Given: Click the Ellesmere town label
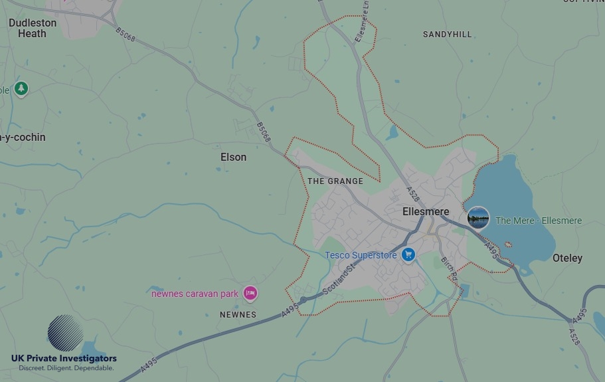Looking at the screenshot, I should click(426, 212).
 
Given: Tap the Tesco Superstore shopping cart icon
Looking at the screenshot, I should click(408, 254).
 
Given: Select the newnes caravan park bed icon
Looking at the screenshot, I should click(250, 292).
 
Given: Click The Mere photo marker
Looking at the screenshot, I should click(478, 217).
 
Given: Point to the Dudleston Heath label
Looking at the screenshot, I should click(33, 28).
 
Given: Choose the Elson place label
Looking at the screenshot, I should click(233, 157).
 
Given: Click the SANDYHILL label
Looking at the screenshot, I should click(447, 35).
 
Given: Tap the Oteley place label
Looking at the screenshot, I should click(567, 258).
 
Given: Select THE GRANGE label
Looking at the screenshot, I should click(335, 181).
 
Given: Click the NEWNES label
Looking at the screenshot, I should click(238, 315).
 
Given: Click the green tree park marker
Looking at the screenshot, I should click(21, 88).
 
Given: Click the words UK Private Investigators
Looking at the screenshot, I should click(64, 359).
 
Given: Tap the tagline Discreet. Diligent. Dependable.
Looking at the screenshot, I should click(66, 368).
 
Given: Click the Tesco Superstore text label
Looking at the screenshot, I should click(361, 255).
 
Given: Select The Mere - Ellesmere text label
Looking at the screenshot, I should click(538, 221).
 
